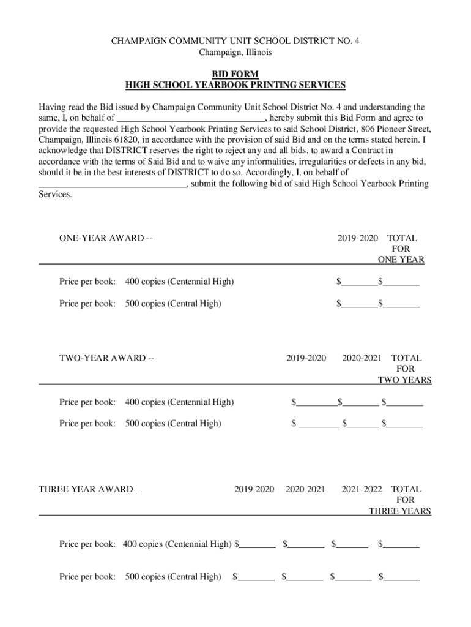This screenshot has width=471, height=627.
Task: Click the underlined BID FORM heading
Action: tap(236, 74)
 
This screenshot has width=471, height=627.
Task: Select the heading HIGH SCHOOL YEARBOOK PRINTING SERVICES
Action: tap(236, 85)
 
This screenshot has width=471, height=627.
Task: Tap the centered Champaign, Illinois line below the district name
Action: tap(236, 53)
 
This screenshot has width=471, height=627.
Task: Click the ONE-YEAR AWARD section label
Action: tap(105, 238)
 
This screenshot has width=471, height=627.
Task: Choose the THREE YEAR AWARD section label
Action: tap(90, 489)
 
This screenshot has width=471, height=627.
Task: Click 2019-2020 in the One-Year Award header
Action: tap(358, 238)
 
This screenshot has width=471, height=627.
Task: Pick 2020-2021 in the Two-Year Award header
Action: tap(362, 358)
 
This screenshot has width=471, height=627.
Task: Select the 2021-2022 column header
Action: tap(362, 489)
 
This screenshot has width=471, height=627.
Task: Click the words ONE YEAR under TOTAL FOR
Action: tap(401, 260)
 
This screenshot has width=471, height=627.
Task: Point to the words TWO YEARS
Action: tap(404, 380)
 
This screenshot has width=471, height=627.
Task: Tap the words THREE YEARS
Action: tap(399, 511)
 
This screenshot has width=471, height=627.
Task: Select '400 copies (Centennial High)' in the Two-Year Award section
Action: tap(179, 402)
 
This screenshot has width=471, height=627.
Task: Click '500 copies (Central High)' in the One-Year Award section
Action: tap(173, 304)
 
